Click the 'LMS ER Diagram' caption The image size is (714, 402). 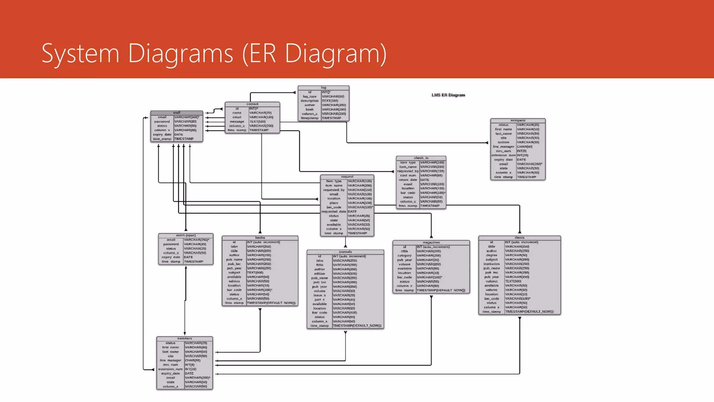click(448, 95)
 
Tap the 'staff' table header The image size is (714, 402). click(177, 113)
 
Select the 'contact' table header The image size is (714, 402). click(252, 104)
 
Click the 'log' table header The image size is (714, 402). click(324, 88)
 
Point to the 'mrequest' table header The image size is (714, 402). click(518, 120)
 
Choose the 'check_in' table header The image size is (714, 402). click(421, 158)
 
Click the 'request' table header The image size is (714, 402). click(347, 177)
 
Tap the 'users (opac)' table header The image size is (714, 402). click(186, 236)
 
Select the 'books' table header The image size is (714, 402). click(260, 238)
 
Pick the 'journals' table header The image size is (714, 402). click(345, 252)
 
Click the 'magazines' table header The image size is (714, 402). click(431, 242)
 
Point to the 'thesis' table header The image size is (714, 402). click(519, 238)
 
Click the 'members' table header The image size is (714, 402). click(184, 338)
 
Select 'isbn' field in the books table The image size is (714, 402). click(234, 246)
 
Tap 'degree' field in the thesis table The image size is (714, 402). click(492, 255)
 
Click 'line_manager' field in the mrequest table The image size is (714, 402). click(503, 147)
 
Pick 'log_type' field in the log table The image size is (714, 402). click(310, 96)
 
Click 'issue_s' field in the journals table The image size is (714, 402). click(320, 295)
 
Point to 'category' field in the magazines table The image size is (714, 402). click(404, 255)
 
